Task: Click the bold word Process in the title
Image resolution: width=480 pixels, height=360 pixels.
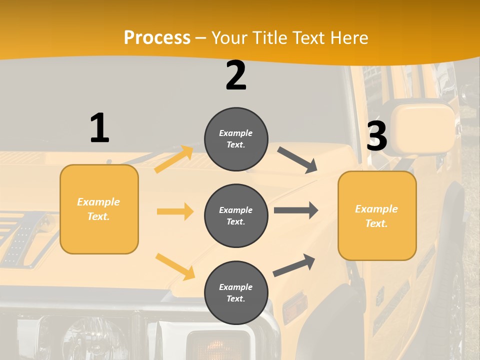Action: click(157, 37)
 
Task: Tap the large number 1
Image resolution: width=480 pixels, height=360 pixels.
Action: click(99, 128)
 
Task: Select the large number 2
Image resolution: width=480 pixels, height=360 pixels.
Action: click(236, 75)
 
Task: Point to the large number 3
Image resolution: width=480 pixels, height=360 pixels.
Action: click(377, 136)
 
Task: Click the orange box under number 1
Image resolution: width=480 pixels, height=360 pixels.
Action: click(99, 209)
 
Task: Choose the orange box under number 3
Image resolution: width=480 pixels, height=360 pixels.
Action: click(377, 216)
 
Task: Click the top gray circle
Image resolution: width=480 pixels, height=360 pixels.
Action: click(236, 139)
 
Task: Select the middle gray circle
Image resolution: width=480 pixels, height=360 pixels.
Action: click(236, 215)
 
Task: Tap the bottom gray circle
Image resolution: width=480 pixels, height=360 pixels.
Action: click(236, 292)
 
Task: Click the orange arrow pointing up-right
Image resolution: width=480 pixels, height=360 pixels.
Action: click(174, 159)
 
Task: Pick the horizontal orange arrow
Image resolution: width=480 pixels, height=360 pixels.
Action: click(175, 211)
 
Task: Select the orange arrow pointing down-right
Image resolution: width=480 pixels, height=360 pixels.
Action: click(175, 266)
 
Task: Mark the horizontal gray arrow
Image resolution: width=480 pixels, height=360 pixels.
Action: click(296, 210)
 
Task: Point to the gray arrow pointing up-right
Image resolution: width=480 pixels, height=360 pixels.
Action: click(294, 265)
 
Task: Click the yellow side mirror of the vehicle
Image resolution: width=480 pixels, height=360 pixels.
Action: click(422, 122)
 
